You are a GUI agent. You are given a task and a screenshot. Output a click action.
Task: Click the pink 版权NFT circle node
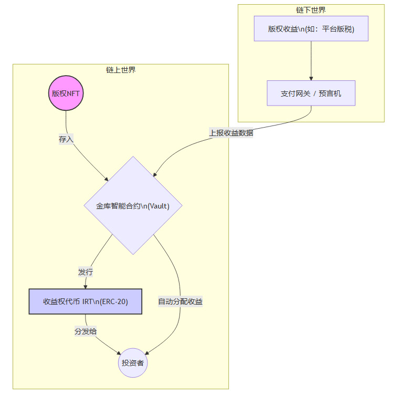(66, 94)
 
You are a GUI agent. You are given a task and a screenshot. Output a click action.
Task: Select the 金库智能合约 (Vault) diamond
(133, 205)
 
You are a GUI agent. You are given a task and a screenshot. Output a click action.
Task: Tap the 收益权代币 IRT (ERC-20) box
(85, 301)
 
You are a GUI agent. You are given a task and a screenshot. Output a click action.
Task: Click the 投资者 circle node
(133, 363)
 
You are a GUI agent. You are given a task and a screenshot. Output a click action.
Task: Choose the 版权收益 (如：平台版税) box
(311, 28)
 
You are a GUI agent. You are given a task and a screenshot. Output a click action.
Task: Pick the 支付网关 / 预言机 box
(311, 93)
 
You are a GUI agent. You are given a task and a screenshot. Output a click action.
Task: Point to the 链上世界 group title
(121, 70)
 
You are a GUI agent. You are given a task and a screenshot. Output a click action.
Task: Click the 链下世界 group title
(311, 10)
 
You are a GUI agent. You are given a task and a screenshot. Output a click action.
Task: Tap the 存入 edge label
(66, 139)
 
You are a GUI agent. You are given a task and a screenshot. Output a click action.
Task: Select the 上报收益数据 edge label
(231, 133)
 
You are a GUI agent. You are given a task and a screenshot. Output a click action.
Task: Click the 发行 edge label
(86, 272)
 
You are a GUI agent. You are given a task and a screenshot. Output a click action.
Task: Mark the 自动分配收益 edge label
(180, 301)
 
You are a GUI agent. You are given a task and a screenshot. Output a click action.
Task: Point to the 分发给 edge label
(86, 331)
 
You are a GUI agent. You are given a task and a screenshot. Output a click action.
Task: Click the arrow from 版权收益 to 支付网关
(311, 60)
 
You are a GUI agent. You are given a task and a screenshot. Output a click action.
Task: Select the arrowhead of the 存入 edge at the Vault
(106, 179)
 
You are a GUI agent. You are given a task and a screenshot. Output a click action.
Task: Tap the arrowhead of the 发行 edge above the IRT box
(85, 286)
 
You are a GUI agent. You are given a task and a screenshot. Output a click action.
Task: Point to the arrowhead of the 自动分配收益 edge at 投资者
(146, 352)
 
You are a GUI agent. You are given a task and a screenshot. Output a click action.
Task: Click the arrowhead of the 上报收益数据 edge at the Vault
(154, 175)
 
